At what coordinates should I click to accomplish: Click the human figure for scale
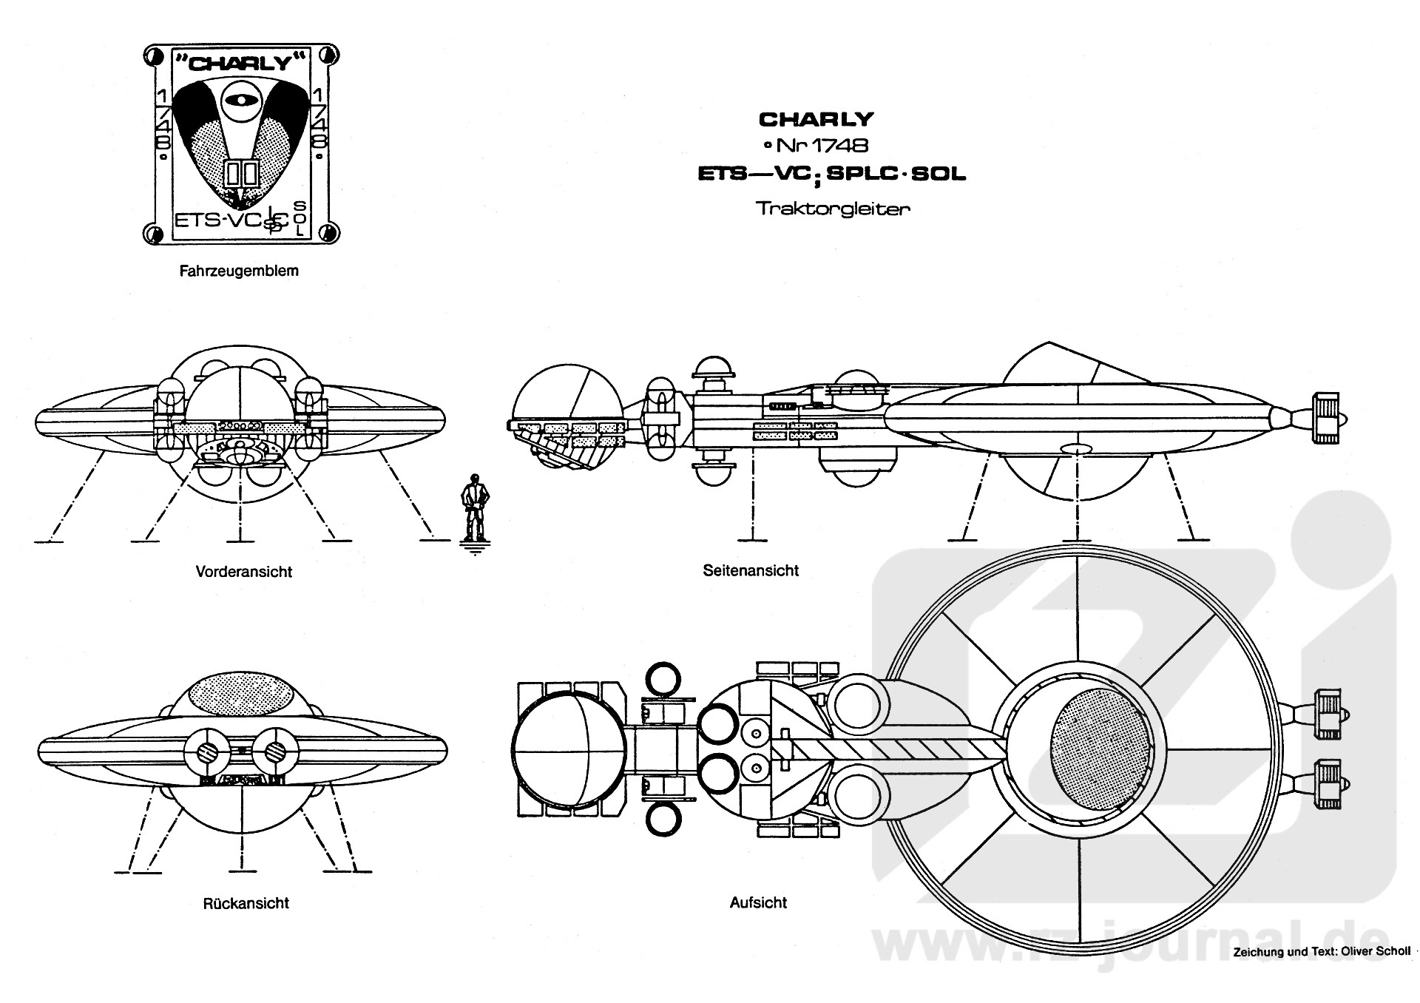pos(473,510)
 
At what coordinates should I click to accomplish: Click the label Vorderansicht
pos(243,572)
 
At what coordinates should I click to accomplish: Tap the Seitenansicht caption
pos(751,570)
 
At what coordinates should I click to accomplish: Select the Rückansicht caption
pos(246,903)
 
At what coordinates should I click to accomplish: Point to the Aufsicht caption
pos(758,902)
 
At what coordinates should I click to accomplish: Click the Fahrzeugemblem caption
pos(239,271)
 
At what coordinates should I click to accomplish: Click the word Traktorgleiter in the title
pos(833,209)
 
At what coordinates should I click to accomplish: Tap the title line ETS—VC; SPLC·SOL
pos(833,175)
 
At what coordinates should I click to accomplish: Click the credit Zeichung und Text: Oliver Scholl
pos(1322,952)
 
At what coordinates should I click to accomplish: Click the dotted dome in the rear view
pos(242,691)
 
